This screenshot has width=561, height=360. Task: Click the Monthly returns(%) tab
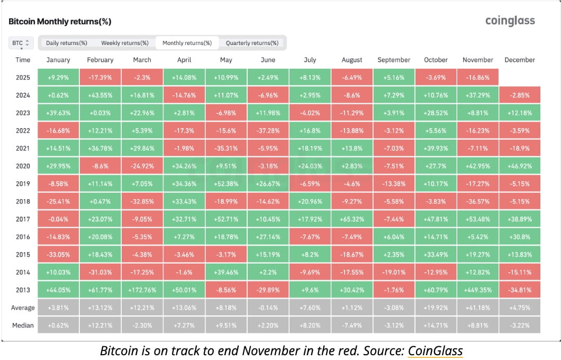pyautogui.click(x=187, y=43)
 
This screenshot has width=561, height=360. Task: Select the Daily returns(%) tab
pyautogui.click(x=66, y=43)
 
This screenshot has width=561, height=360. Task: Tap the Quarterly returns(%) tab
pyautogui.click(x=252, y=43)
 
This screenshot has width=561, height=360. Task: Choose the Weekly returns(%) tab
pyautogui.click(x=125, y=43)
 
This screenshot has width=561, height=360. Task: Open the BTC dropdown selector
pyautogui.click(x=21, y=43)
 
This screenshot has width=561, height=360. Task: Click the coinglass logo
pyautogui.click(x=510, y=21)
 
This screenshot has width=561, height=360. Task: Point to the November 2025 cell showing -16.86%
pyautogui.click(x=478, y=77)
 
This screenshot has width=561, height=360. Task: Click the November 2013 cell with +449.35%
pyautogui.click(x=478, y=290)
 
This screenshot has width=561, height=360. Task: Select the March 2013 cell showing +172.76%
pyautogui.click(x=142, y=290)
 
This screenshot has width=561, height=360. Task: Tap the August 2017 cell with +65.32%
pyautogui.click(x=352, y=219)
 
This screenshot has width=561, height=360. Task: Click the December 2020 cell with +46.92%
pyautogui.click(x=519, y=166)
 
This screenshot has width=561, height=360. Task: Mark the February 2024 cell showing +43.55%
pyautogui.click(x=100, y=95)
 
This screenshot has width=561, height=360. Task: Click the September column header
pyautogui.click(x=394, y=60)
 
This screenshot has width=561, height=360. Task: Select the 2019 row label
pyautogui.click(x=23, y=184)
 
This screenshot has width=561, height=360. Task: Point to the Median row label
pyautogui.click(x=23, y=325)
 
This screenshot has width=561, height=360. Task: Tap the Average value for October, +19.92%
pyautogui.click(x=436, y=308)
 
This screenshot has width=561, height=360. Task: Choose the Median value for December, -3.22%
pyautogui.click(x=519, y=325)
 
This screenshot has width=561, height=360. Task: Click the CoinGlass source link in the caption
pyautogui.click(x=435, y=350)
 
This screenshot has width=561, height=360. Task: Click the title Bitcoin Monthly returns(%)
pyautogui.click(x=60, y=22)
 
